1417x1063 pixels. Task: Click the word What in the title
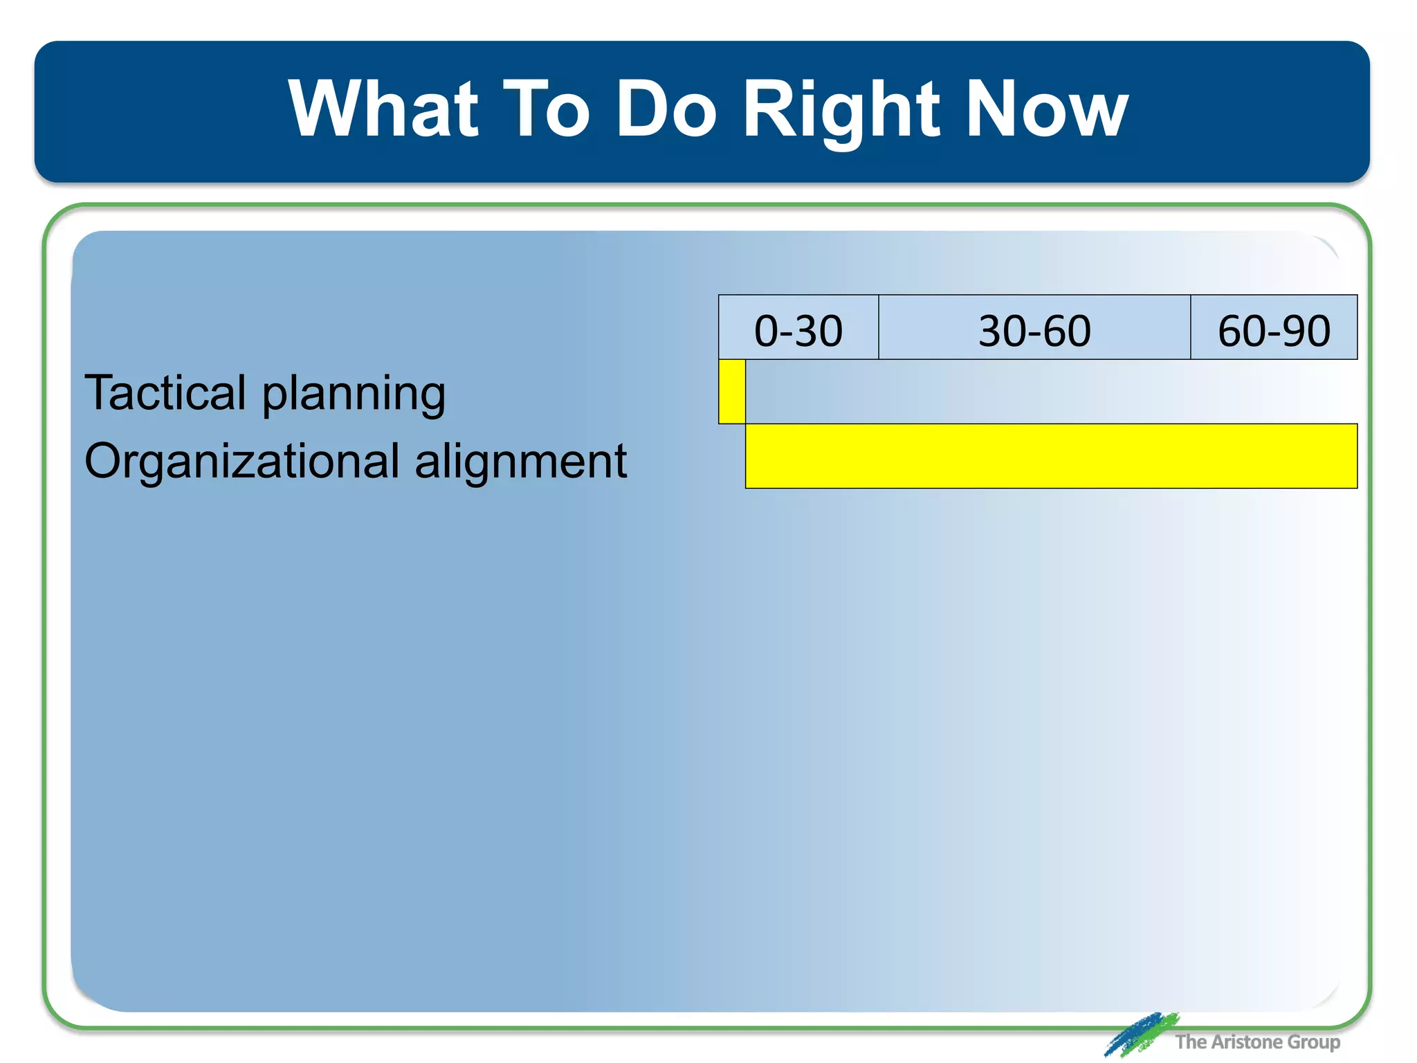[383, 109]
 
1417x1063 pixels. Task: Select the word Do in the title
[666, 109]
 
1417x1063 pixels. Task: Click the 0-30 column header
[798, 330]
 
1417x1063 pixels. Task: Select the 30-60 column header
[1034, 330]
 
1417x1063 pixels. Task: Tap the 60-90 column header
[1274, 330]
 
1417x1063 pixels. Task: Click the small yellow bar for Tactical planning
[732, 392]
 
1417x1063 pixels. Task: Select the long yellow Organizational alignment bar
[1051, 456]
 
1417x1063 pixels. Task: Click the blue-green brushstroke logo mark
[1140, 1034]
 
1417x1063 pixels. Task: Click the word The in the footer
[1190, 1042]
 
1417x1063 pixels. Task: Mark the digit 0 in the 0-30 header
[766, 331]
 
